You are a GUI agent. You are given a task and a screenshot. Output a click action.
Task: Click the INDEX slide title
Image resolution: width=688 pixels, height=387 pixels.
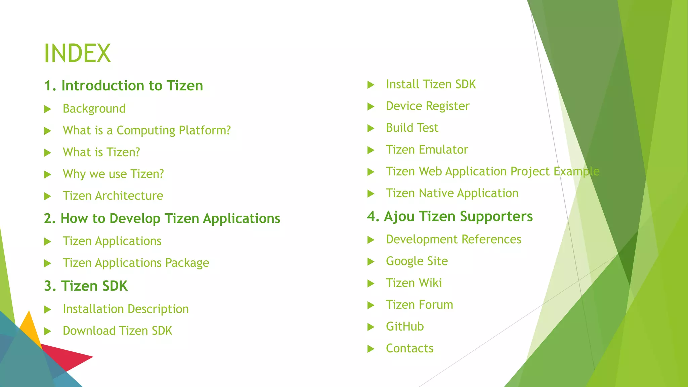pyautogui.click(x=77, y=53)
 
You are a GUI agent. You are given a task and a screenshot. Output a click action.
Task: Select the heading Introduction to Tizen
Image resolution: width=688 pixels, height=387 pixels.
pyautogui.click(x=132, y=86)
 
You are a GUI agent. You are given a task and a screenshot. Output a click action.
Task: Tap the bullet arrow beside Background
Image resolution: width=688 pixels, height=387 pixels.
pyautogui.click(x=48, y=109)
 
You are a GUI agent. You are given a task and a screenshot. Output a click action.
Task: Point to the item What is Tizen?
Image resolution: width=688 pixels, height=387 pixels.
pyautogui.click(x=101, y=152)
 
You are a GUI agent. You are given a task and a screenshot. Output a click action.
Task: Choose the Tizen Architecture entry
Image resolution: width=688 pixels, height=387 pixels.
pyautogui.click(x=113, y=196)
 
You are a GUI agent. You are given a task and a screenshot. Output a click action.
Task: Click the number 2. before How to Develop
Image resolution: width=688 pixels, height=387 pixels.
pyautogui.click(x=50, y=219)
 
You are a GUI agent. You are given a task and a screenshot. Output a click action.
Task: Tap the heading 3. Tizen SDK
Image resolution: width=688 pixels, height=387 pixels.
pyautogui.click(x=86, y=286)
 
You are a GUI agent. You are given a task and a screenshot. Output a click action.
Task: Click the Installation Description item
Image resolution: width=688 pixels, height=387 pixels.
pyautogui.click(x=126, y=309)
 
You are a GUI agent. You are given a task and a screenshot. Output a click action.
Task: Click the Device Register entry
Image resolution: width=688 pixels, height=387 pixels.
pyautogui.click(x=427, y=106)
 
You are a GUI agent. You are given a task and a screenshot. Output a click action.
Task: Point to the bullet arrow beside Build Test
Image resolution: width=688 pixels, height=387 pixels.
pyautogui.click(x=371, y=128)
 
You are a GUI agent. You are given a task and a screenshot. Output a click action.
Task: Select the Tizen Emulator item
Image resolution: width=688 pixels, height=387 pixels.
pyautogui.click(x=427, y=150)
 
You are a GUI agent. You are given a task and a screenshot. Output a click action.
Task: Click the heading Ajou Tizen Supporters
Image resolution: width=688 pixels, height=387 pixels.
pyautogui.click(x=458, y=217)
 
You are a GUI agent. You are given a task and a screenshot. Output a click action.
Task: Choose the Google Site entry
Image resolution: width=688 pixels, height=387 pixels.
pyautogui.click(x=417, y=261)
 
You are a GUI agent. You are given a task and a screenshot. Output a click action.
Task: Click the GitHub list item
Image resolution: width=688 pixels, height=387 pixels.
pyautogui.click(x=405, y=327)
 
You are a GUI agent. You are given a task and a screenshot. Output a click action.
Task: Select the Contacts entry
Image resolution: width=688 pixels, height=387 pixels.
pyautogui.click(x=410, y=348)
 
